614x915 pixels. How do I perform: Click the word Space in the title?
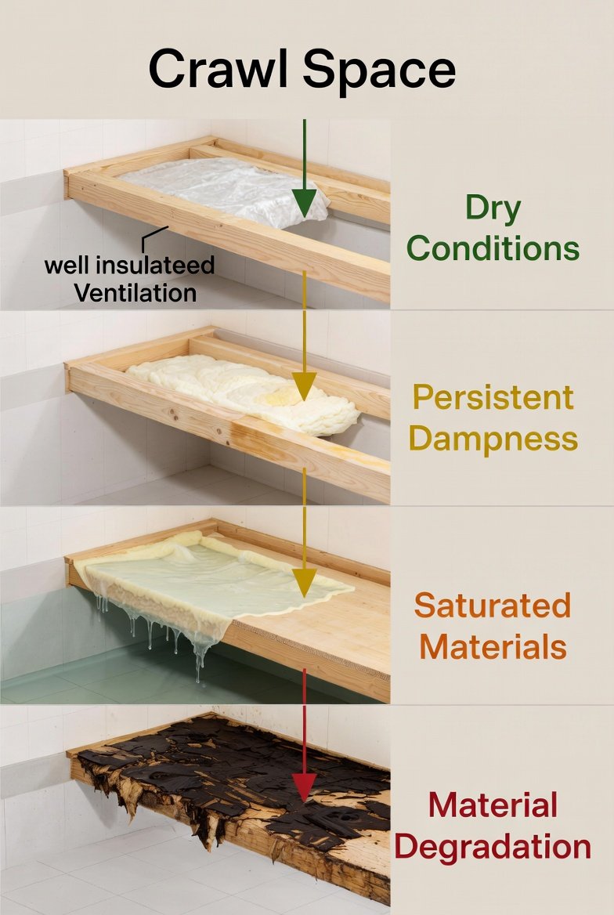(x=379, y=71)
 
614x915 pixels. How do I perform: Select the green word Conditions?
(x=493, y=248)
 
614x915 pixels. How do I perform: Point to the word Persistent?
(x=493, y=398)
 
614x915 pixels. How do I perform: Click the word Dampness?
(x=493, y=439)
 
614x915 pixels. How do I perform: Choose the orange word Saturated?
(x=493, y=606)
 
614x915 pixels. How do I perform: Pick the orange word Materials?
(x=493, y=646)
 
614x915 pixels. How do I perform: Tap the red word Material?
(x=493, y=805)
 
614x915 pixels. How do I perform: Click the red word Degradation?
(x=493, y=847)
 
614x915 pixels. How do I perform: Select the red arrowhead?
(x=305, y=785)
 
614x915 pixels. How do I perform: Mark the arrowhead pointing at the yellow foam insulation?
(x=305, y=385)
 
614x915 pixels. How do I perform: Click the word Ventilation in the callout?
(x=135, y=293)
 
